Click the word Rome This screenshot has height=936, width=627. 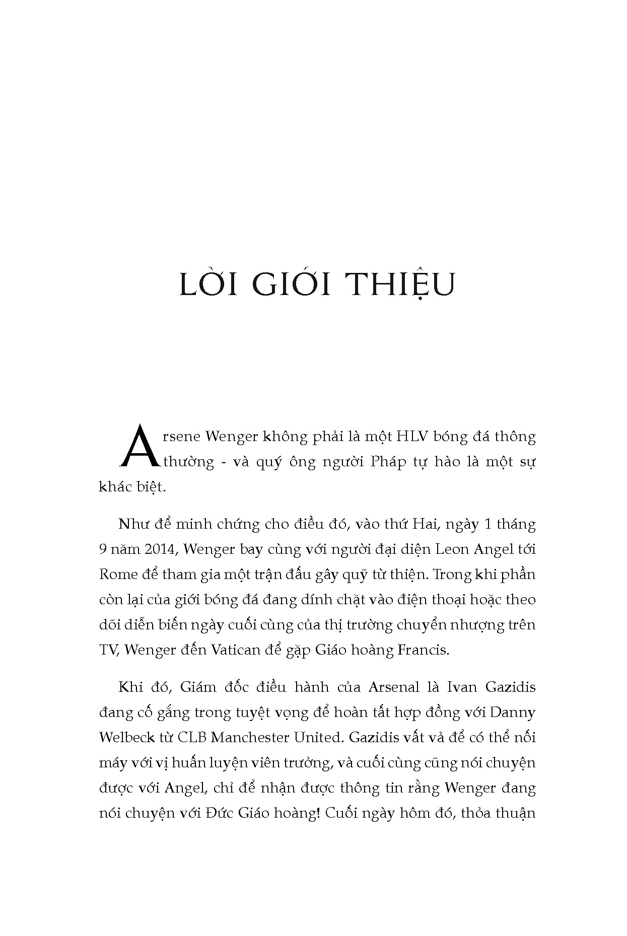116,574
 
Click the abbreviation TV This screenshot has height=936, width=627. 108,650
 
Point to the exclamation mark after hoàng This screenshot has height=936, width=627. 318,813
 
